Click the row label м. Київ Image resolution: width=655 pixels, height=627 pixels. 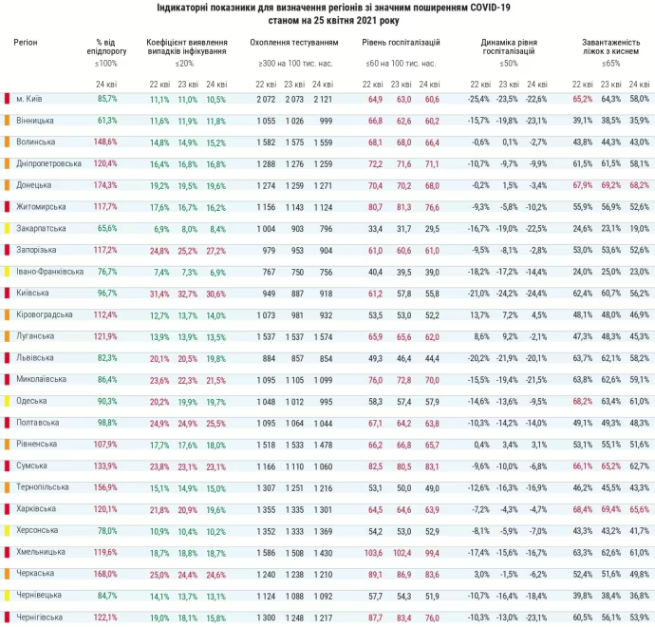28,99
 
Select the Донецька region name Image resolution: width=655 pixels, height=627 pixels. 34,184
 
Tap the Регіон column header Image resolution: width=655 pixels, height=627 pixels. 26,44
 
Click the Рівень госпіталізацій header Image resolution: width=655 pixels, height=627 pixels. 402,44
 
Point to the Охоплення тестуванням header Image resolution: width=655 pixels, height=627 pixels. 293,44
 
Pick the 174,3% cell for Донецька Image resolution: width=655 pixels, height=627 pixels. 105,184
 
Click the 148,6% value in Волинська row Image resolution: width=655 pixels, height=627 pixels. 105,142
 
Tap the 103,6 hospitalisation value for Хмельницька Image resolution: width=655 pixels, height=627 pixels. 374,551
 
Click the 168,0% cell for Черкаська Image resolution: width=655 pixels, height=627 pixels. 105,573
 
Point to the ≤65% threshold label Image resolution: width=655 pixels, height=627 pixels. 610,63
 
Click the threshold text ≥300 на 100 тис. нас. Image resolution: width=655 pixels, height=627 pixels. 293,63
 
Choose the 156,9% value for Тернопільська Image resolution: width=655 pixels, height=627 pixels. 105,486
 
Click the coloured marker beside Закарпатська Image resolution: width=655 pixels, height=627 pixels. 7,228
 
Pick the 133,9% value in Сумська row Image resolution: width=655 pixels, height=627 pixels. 105,465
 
